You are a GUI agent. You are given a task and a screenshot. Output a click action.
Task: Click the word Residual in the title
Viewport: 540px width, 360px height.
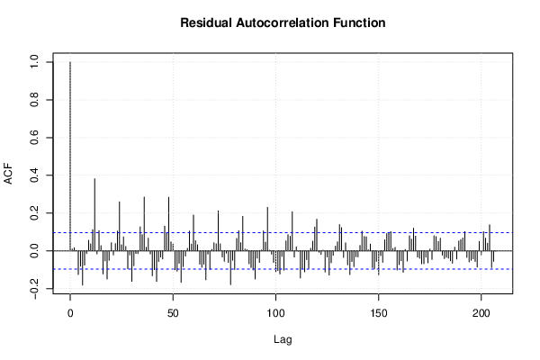[x=206, y=22]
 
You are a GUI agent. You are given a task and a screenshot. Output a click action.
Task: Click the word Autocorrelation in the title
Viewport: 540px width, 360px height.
[x=283, y=22]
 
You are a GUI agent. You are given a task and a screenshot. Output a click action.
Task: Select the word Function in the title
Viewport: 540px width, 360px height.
[x=359, y=22]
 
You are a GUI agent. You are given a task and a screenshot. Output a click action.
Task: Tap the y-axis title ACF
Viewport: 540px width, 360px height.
[x=8, y=174]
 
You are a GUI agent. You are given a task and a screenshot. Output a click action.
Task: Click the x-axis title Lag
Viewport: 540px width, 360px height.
[x=283, y=340]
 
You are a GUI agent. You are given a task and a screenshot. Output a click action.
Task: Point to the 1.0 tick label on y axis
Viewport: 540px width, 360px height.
[x=34, y=62]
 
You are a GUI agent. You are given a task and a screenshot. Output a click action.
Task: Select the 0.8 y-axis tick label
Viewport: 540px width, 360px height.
[x=34, y=100]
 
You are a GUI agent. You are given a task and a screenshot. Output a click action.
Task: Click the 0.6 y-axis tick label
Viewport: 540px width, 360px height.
[x=34, y=138]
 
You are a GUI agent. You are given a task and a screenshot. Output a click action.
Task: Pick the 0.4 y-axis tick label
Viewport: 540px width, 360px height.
[x=34, y=175]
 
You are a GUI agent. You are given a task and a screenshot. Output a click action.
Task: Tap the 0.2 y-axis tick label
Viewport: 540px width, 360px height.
[x=34, y=213]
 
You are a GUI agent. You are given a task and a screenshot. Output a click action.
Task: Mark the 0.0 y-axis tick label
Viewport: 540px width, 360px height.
[x=34, y=250]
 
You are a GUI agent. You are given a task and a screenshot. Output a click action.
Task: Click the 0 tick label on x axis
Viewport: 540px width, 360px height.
[x=70, y=313]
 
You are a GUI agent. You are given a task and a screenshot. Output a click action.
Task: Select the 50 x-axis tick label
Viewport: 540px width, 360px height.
[x=173, y=313]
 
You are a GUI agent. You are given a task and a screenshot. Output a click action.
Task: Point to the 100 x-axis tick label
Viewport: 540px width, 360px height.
[x=275, y=313]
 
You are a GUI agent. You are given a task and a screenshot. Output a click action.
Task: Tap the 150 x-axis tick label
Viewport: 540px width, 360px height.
[x=379, y=313]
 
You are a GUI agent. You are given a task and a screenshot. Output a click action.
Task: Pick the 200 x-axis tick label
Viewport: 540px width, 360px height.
[x=481, y=313]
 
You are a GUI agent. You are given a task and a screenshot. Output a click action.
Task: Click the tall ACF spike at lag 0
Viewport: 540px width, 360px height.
[x=70, y=157]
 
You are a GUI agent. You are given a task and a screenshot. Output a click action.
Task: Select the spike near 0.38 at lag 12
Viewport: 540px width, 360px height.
[x=94, y=214]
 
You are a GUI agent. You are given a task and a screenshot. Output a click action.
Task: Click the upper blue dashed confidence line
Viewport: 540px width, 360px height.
[x=283, y=232]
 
